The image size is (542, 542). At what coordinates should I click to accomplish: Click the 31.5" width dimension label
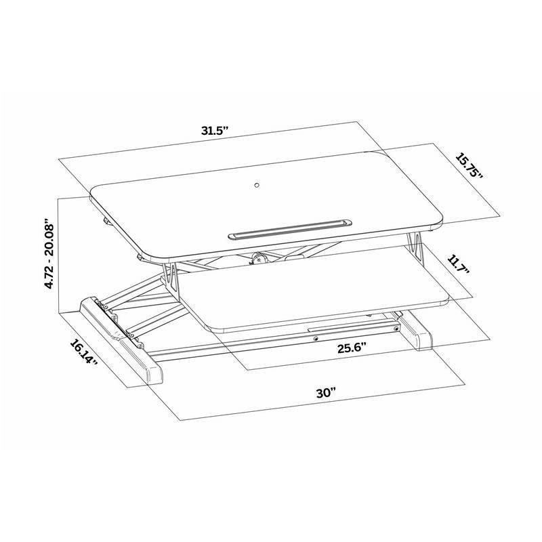tap(215, 131)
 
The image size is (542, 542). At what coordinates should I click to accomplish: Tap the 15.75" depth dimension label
tap(469, 166)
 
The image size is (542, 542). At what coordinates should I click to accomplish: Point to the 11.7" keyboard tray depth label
tap(459, 264)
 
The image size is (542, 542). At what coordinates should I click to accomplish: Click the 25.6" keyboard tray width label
tap(352, 348)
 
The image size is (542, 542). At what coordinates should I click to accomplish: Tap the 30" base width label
tap(326, 394)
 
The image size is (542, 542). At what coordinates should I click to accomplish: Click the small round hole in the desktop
tap(257, 185)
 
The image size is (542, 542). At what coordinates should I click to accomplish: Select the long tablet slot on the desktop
tap(290, 228)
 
